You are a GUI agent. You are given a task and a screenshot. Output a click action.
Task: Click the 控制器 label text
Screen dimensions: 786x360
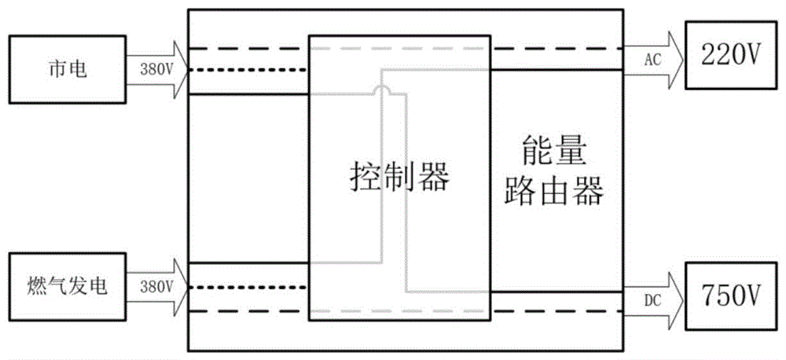[399, 178]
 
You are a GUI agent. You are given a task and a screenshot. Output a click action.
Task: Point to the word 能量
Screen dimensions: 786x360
[554, 152]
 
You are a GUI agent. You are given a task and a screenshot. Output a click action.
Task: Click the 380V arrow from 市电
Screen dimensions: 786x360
[157, 68]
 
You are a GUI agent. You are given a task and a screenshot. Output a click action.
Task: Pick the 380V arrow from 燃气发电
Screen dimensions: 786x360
[157, 286]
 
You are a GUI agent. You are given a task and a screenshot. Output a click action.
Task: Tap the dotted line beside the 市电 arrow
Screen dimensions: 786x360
[248, 70]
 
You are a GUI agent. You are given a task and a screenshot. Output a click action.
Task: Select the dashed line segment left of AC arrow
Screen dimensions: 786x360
[557, 49]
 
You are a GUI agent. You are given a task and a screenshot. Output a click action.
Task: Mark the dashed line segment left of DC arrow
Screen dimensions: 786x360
[557, 311]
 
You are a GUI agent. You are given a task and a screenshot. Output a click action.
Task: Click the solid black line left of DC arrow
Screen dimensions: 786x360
[557, 292]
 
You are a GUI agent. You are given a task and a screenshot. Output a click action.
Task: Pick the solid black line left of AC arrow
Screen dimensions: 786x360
[557, 70]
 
